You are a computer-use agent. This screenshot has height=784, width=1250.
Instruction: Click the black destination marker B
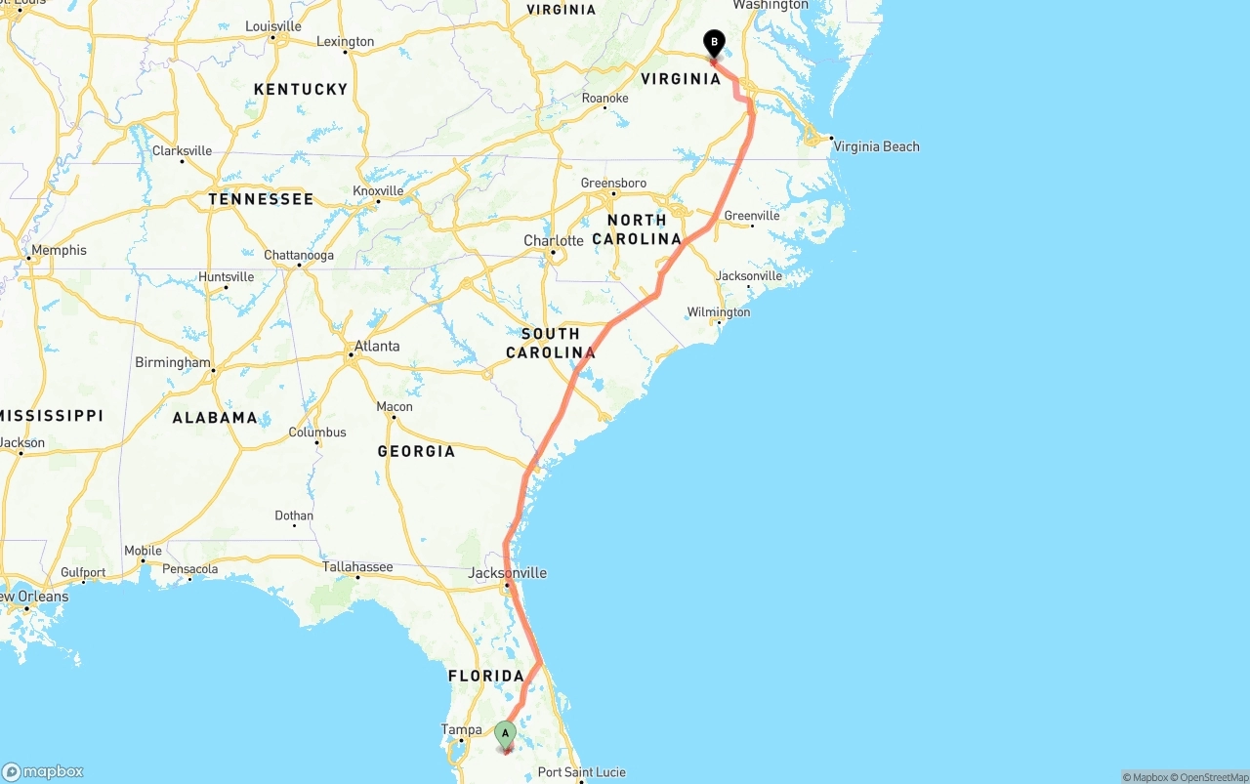point(714,43)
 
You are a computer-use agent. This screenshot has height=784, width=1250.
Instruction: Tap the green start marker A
point(505,733)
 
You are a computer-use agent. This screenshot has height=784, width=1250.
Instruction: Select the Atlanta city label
point(376,346)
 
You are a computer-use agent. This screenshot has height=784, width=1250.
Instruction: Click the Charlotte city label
point(553,240)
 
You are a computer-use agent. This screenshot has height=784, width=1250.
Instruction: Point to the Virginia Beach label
point(876,146)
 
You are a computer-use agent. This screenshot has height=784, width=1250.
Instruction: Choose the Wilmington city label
point(718,312)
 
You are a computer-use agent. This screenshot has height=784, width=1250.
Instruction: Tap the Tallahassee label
point(357,566)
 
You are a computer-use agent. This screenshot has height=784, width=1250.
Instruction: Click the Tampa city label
point(461,729)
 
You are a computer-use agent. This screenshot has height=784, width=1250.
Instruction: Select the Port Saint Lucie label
point(581,772)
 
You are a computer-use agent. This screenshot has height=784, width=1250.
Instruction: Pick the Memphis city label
point(59,250)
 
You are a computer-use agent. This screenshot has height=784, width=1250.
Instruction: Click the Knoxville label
point(378,190)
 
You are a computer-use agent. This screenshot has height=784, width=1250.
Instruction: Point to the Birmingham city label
point(173,362)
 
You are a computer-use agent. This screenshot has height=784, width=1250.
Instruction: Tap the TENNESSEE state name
point(261,199)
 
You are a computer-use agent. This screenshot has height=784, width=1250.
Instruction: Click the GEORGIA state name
point(416,451)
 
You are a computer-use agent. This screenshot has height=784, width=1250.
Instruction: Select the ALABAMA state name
point(215,417)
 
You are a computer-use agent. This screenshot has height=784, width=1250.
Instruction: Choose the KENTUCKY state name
point(300,89)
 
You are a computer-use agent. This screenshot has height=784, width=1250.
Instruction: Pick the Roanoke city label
point(604,99)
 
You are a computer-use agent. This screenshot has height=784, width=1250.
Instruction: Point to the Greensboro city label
point(613,184)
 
